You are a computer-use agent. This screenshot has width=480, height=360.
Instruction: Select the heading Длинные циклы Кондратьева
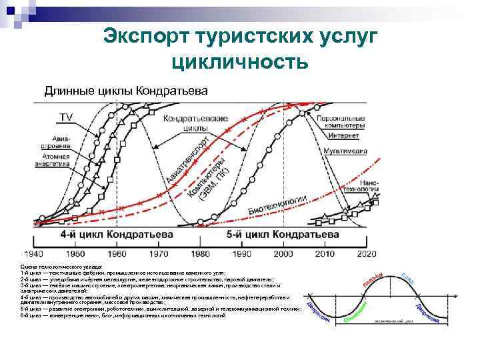(126, 90)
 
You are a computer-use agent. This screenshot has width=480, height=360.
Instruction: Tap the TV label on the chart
(67, 117)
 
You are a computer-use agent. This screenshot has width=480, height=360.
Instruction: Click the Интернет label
(343, 135)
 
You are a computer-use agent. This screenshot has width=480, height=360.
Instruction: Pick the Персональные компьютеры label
(341, 121)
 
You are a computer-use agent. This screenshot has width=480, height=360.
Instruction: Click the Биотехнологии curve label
(277, 205)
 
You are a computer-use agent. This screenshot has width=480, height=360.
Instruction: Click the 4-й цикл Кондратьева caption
(117, 235)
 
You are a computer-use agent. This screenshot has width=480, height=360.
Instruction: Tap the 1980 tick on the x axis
(200, 254)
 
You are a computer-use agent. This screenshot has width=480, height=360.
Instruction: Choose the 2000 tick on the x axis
(283, 254)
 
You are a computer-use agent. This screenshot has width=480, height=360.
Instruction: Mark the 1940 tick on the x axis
(33, 254)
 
